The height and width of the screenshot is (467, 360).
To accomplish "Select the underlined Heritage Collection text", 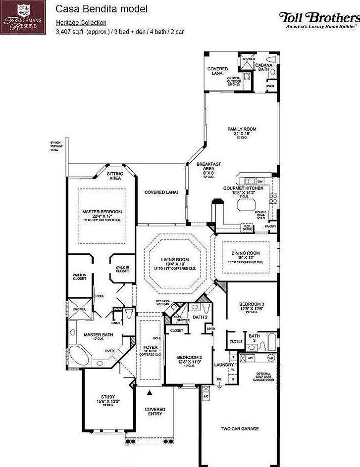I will pyautogui.click(x=81, y=23).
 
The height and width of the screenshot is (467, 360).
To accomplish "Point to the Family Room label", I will pyautogui.click(x=242, y=129).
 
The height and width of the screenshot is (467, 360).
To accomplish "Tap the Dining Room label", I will pyautogui.click(x=246, y=253).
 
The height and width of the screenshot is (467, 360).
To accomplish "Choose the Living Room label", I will pyautogui.click(x=175, y=259).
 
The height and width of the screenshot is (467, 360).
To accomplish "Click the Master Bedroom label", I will pyautogui.click(x=102, y=212).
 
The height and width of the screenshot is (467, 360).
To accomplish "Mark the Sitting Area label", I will pyautogui.click(x=115, y=176).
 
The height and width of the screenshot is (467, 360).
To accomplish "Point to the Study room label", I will pyautogui.click(x=108, y=396).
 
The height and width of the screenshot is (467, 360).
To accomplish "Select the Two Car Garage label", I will pyautogui.click(x=240, y=429).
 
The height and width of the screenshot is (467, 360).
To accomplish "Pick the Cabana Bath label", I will pyautogui.click(x=262, y=67).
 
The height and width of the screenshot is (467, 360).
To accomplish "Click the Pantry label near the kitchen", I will pyautogui.click(x=270, y=226).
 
